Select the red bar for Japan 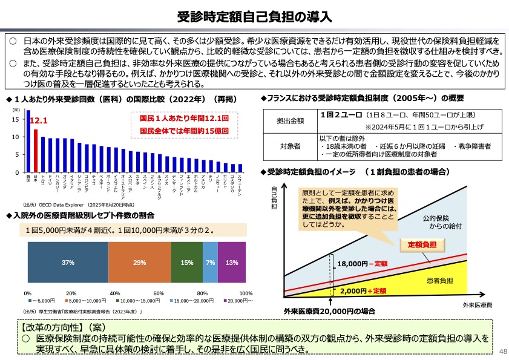point(36,151)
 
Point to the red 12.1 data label point(38,121)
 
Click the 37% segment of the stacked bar point(68,263)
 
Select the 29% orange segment point(140,263)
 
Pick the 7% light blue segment point(211,263)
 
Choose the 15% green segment point(187,263)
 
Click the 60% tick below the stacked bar point(159,293)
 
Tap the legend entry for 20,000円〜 point(239,301)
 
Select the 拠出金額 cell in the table point(292,121)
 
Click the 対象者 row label point(292,146)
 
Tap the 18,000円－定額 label point(362,264)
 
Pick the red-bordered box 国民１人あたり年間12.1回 point(184,124)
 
